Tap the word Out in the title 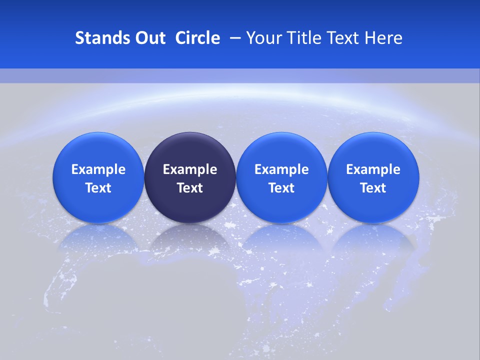pyautogui.click(x=150, y=38)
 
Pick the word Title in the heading pyautogui.click(x=305, y=38)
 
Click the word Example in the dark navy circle pyautogui.click(x=190, y=169)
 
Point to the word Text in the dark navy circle pyautogui.click(x=190, y=188)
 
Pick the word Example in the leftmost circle pyautogui.click(x=98, y=169)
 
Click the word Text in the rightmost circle pyautogui.click(x=373, y=188)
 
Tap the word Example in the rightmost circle pyautogui.click(x=373, y=169)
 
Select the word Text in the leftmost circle pyautogui.click(x=98, y=188)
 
